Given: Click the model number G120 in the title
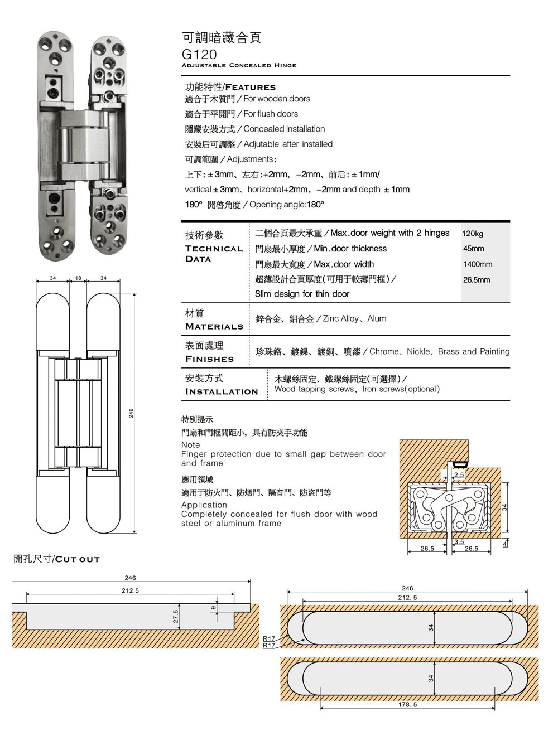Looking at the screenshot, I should pyautogui.click(x=199, y=54).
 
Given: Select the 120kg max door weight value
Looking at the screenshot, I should pyautogui.click(x=473, y=234).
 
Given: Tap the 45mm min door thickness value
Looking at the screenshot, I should pyautogui.click(x=473, y=249).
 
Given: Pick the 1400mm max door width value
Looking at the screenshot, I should pyautogui.click(x=478, y=264).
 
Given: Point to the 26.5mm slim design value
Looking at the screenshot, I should pyautogui.click(x=477, y=280).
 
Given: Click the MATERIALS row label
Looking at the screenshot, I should pyautogui.click(x=214, y=326).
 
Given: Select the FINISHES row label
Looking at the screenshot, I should pyautogui.click(x=209, y=359).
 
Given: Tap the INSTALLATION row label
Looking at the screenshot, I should pyautogui.click(x=222, y=392).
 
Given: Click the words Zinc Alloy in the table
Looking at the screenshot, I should pyautogui.click(x=340, y=319).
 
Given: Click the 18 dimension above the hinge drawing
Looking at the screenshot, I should pyautogui.click(x=78, y=278).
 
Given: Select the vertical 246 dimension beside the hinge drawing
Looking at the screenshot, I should pyautogui.click(x=131, y=413).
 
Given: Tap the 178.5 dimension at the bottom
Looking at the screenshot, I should pyautogui.click(x=407, y=705).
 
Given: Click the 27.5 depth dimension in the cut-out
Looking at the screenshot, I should pyautogui.click(x=175, y=616).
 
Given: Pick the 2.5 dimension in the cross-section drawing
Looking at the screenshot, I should pyautogui.click(x=459, y=474).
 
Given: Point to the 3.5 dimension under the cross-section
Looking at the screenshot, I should pyautogui.click(x=459, y=541).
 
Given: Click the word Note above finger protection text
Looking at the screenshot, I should pyautogui.click(x=190, y=445).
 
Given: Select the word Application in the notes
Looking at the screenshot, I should pyautogui.click(x=204, y=505).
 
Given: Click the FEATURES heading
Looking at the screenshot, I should pyautogui.click(x=250, y=87).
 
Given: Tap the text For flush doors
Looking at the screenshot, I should pyautogui.click(x=271, y=114).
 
